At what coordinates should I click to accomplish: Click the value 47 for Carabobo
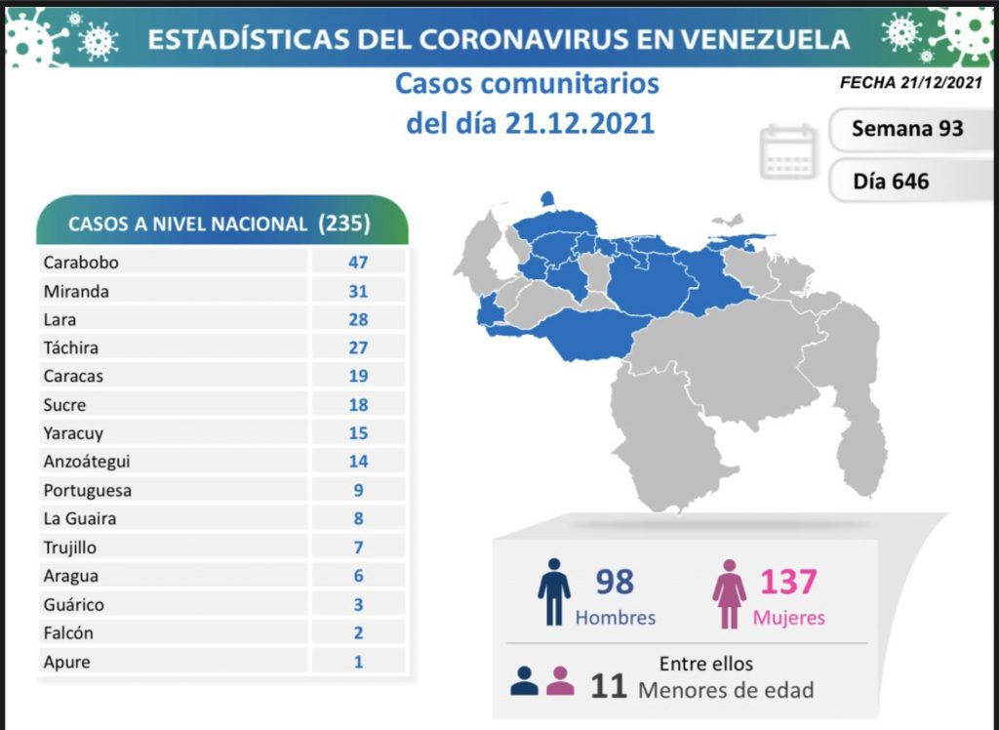[x=358, y=262]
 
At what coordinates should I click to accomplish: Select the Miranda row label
[x=76, y=291]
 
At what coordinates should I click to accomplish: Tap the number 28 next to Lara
[x=358, y=319]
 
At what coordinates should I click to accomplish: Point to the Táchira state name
[x=70, y=347]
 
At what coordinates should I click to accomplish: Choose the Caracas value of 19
[x=358, y=376]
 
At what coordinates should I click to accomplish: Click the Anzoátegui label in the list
[x=87, y=462]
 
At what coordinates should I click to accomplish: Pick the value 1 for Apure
[x=358, y=662]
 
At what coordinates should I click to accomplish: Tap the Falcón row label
[x=68, y=633]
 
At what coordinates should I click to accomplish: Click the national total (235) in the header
[x=344, y=223]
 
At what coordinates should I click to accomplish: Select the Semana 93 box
[x=907, y=129]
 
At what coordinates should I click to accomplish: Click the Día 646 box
[x=891, y=181]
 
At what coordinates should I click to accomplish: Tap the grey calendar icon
[x=788, y=151]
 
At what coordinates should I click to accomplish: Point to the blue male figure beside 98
[x=553, y=591]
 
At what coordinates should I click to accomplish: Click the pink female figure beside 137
[x=729, y=592]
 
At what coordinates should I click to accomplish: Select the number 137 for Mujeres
[x=787, y=582]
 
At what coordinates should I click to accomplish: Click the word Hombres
[x=616, y=618]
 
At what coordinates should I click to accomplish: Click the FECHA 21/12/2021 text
[x=909, y=83]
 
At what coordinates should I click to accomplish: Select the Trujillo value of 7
[x=358, y=547]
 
